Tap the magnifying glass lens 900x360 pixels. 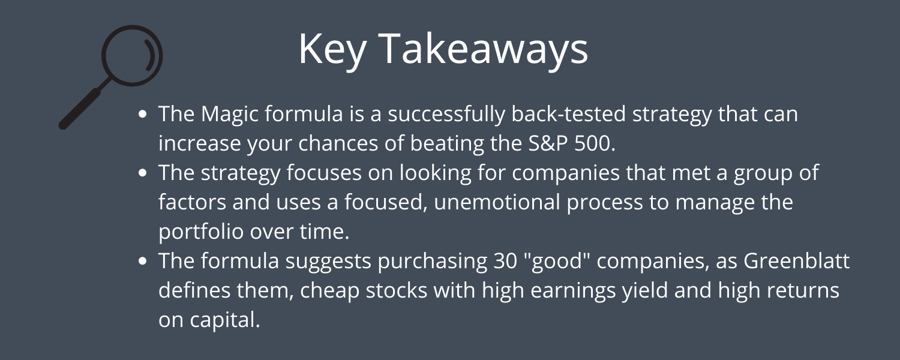(128, 57)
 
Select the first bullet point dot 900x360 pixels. (143, 113)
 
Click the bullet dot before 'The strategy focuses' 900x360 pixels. (143, 172)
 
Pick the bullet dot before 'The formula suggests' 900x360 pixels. (143, 261)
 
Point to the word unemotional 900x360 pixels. (482, 202)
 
